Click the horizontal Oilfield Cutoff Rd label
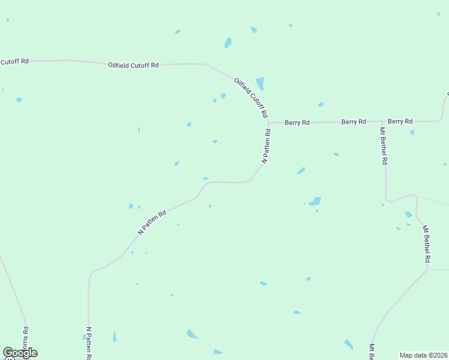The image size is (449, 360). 133,65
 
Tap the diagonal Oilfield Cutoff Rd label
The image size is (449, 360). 251,97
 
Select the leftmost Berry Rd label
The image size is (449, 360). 297,122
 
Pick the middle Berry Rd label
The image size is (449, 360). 354,122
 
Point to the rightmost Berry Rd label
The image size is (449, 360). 400,121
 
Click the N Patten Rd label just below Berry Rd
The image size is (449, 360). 266,146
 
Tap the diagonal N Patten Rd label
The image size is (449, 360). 152,222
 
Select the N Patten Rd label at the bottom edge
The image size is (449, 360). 89,343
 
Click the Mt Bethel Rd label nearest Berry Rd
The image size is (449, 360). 383,146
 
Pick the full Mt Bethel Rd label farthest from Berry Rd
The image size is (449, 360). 426,244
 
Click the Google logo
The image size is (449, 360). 20,353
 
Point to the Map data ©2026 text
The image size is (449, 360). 424,355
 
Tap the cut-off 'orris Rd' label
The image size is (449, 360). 25,338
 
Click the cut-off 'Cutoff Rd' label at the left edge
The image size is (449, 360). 14,61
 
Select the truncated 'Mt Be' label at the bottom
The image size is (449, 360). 372,353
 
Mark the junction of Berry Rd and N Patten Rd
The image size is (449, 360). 268,123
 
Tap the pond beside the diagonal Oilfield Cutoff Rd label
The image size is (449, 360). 260,83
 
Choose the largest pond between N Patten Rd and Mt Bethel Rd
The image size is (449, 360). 314,201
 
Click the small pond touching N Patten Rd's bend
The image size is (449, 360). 205,178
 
